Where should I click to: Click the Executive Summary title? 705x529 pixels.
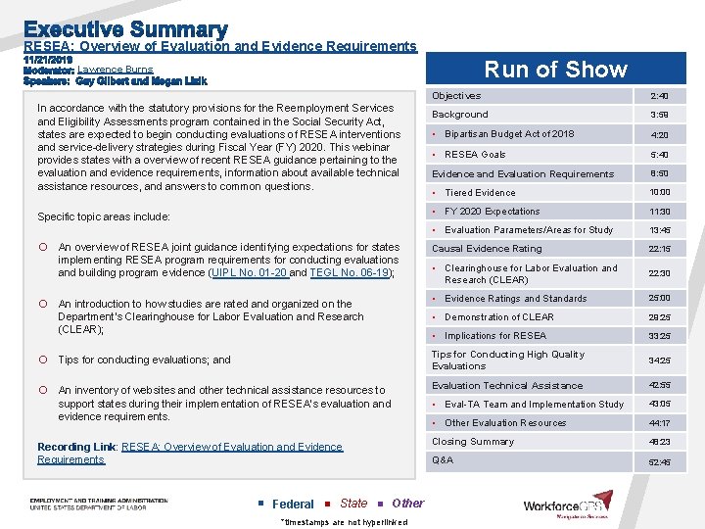click(x=125, y=29)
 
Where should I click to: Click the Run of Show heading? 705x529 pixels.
click(x=555, y=70)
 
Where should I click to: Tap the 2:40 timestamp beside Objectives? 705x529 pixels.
click(x=659, y=96)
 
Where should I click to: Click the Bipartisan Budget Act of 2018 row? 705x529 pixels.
click(x=509, y=134)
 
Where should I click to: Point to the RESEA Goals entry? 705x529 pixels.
click(x=475, y=155)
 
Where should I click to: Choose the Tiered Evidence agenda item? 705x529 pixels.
click(x=480, y=193)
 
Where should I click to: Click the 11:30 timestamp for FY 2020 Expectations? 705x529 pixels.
click(x=659, y=212)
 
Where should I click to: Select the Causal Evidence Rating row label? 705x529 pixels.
click(x=487, y=249)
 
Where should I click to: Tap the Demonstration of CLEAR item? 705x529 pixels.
click(x=499, y=317)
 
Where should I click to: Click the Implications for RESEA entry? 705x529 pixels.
click(x=495, y=336)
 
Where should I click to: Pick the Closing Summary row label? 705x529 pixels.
click(x=473, y=442)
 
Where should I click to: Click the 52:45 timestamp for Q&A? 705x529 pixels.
click(x=659, y=461)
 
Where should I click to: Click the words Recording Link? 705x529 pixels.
click(x=76, y=447)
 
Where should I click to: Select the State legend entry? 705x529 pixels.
click(x=352, y=504)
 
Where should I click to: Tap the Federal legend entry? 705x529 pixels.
click(x=293, y=504)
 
